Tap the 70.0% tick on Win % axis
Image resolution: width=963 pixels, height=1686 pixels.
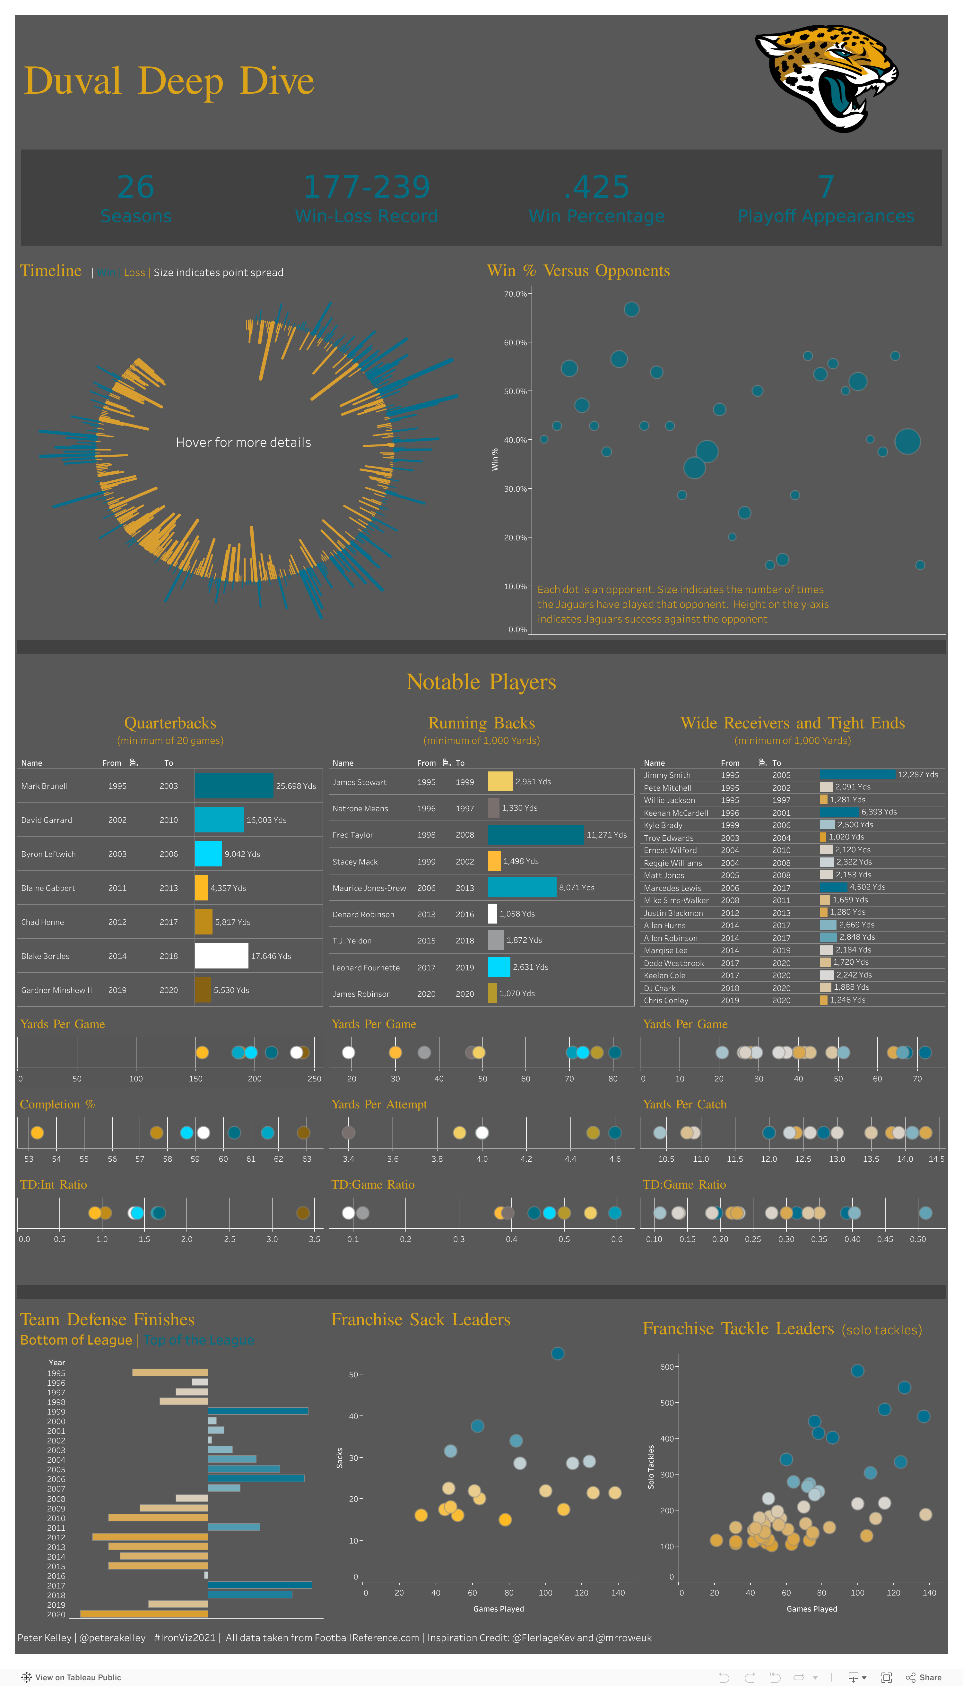[x=515, y=294]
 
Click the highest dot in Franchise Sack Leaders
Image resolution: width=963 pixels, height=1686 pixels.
[x=558, y=1354]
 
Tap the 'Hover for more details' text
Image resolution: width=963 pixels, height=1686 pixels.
[x=243, y=442]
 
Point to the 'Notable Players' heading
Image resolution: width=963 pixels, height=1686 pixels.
[x=481, y=682]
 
